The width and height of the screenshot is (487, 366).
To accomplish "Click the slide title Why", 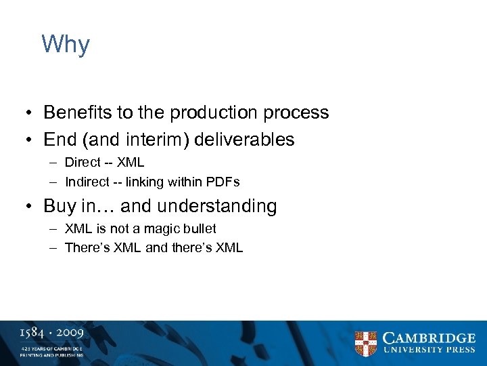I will [x=66, y=45].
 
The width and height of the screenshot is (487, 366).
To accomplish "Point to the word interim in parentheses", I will [x=163, y=140].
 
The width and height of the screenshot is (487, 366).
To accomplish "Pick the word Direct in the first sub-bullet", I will [x=82, y=163].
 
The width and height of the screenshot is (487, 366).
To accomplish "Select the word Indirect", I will [x=86, y=182].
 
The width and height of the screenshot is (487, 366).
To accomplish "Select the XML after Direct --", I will [x=131, y=163].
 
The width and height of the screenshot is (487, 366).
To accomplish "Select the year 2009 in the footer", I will [x=70, y=333].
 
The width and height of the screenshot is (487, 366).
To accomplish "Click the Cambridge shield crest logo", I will [x=366, y=344].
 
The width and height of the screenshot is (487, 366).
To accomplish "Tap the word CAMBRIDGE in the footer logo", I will [x=429, y=338].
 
